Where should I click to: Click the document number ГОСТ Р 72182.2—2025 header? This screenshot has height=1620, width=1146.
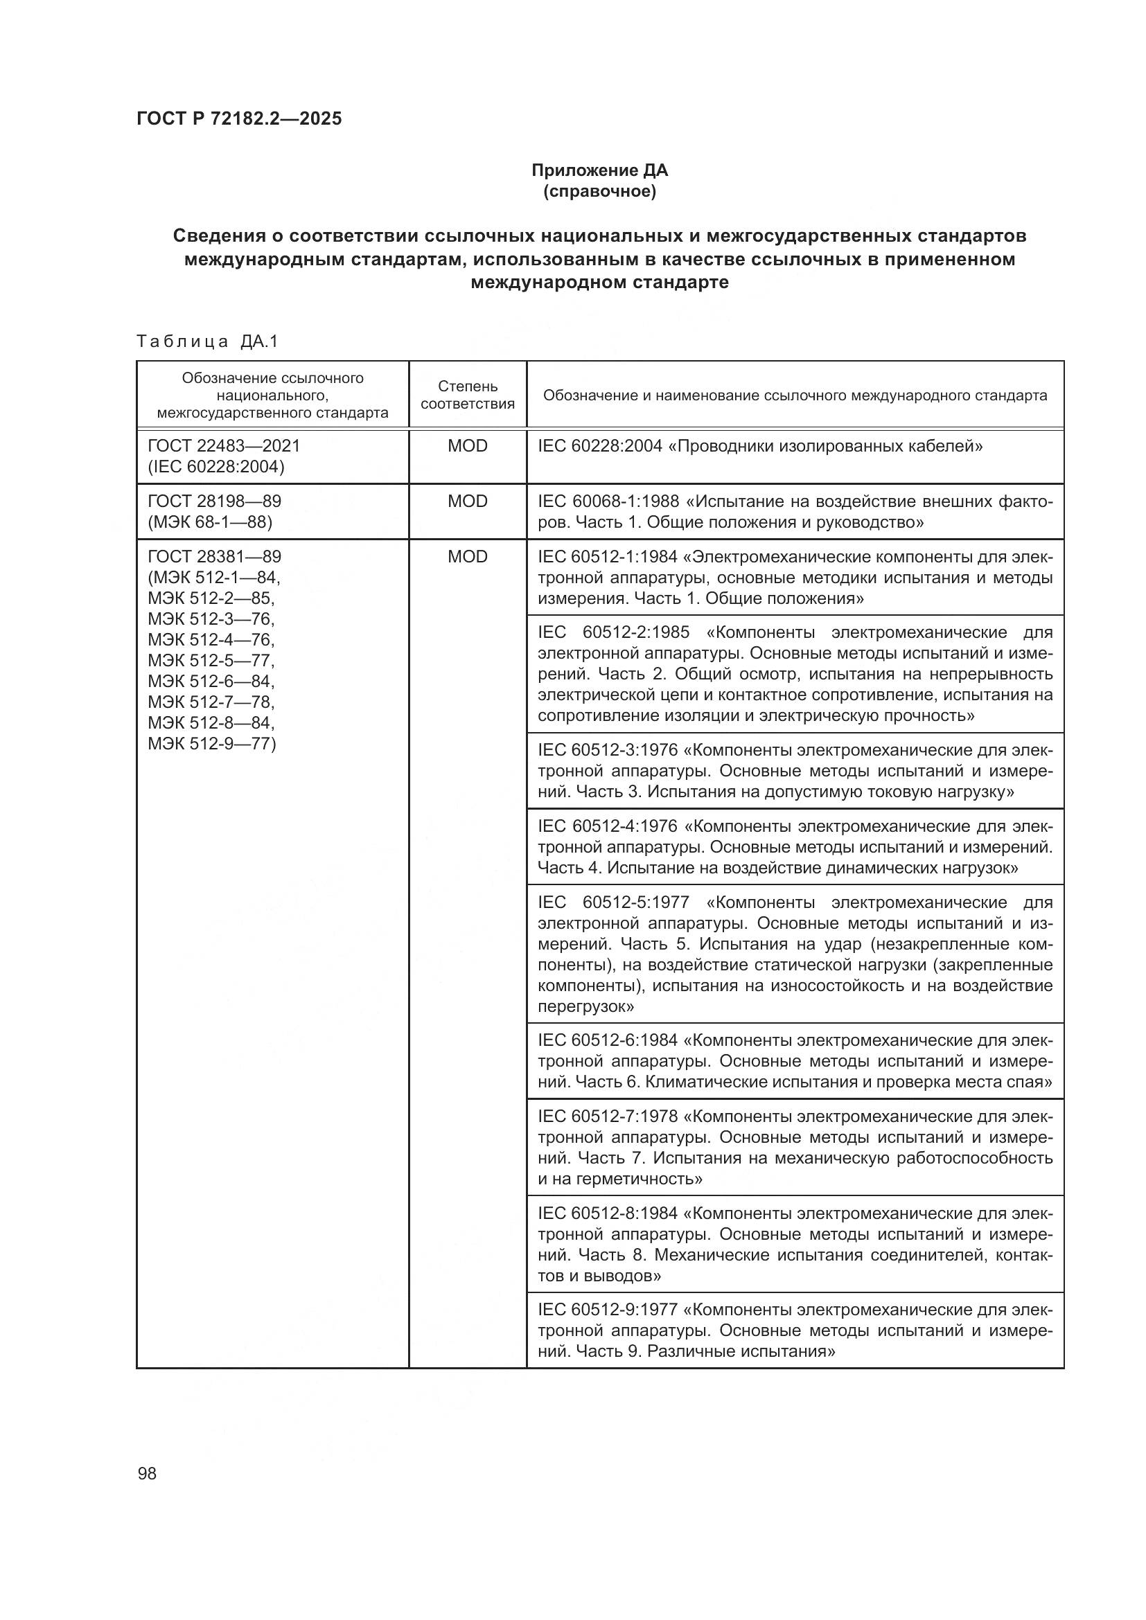238,118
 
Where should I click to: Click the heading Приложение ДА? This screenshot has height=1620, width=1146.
599,170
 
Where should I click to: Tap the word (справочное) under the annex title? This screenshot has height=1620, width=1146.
599,191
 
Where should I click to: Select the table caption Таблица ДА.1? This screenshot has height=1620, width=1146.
207,341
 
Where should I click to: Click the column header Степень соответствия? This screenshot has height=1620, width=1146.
467,394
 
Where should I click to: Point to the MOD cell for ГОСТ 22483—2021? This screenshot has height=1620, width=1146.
467,446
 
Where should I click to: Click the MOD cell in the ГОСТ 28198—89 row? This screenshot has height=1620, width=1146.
467,501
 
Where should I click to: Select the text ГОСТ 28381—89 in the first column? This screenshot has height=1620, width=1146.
214,557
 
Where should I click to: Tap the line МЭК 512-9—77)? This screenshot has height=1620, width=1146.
212,743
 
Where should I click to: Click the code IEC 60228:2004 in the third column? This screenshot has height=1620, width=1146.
600,446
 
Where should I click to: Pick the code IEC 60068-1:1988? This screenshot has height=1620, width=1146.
608,501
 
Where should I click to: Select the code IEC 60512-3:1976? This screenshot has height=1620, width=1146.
608,750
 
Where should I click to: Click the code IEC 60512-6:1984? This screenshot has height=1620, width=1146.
608,1040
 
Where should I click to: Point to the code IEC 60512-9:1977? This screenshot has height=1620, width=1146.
608,1310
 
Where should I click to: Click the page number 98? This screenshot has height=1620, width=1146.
147,1473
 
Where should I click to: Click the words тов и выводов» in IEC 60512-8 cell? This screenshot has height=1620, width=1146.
599,1276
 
